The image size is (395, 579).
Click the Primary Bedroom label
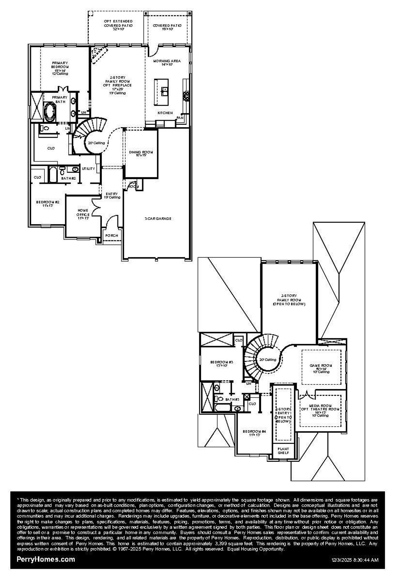click(x=60, y=65)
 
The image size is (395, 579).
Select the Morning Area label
click(x=167, y=61)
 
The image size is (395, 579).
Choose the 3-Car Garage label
click(x=158, y=219)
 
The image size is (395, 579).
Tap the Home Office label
click(x=83, y=212)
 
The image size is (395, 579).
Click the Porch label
click(x=111, y=236)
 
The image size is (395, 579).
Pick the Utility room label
click(x=88, y=169)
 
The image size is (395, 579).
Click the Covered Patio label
click(x=167, y=26)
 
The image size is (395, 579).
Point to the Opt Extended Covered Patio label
click(x=118, y=23)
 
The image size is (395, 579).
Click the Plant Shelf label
click(x=283, y=451)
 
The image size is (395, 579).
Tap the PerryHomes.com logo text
click(x=45, y=559)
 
